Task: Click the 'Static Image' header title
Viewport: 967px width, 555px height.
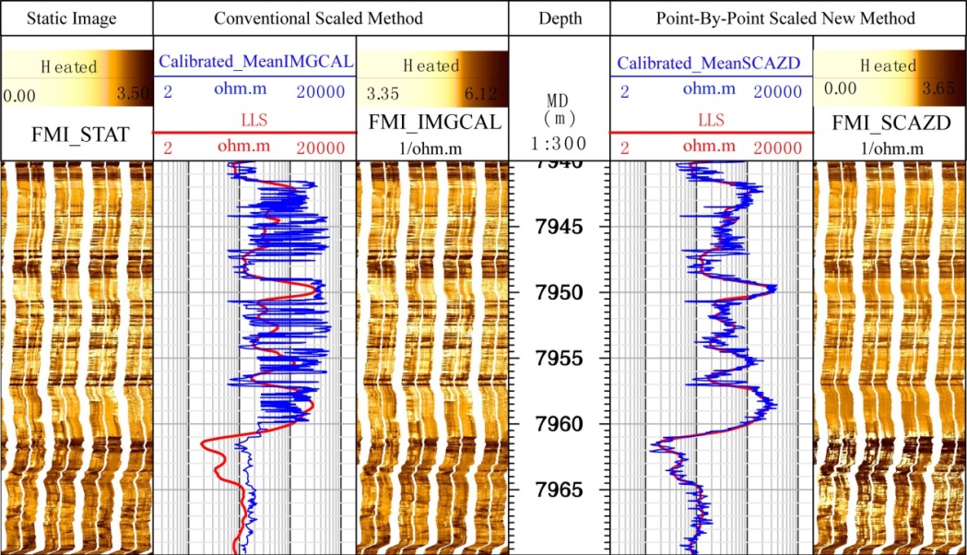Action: tap(75, 18)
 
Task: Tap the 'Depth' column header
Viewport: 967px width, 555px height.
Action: tap(559, 18)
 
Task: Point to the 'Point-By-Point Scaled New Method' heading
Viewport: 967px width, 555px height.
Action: tap(787, 18)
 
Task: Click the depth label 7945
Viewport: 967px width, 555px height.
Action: tap(559, 226)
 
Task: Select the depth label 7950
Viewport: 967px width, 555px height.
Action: tap(559, 292)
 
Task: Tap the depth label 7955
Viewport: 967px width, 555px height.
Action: tap(559, 358)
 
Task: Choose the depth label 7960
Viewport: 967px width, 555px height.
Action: tap(559, 424)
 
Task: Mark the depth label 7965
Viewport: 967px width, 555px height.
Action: tap(559, 490)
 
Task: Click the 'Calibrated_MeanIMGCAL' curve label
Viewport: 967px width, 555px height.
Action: tap(256, 63)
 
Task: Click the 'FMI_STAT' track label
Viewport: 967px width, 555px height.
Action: tap(75, 136)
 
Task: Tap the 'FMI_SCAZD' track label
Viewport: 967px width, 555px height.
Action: tap(889, 123)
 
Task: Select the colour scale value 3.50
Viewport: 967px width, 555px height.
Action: tap(129, 94)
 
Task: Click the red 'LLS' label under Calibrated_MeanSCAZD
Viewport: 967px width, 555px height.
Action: tap(710, 120)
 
